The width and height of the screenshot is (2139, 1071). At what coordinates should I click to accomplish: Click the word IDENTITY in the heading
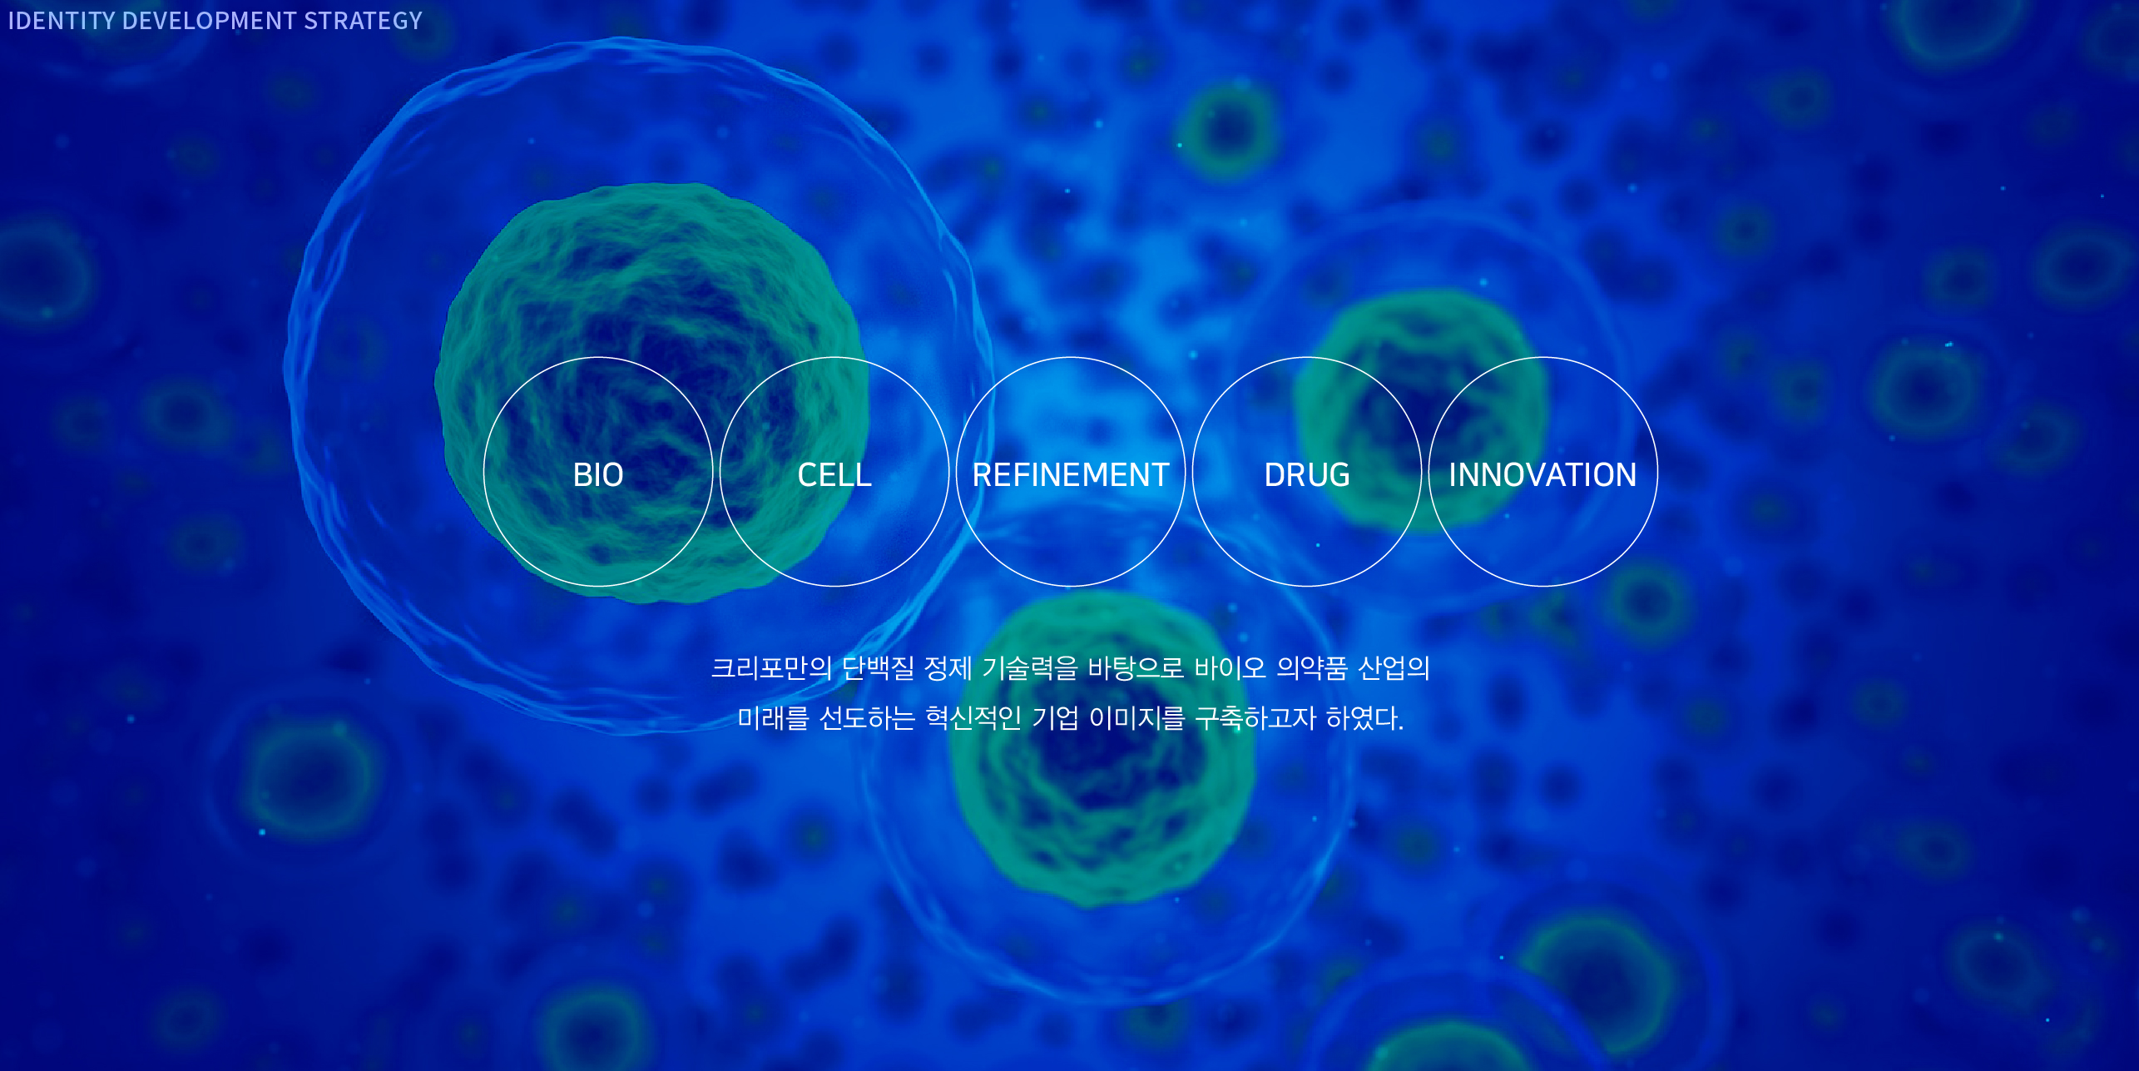click(62, 21)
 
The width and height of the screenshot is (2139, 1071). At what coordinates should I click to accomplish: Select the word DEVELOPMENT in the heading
click(209, 21)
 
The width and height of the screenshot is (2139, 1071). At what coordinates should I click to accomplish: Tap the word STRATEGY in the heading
click(363, 21)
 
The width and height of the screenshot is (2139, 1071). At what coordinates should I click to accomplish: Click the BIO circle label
click(598, 475)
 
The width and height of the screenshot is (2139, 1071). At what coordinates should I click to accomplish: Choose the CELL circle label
click(834, 475)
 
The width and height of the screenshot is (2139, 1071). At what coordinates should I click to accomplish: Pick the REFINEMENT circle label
click(1071, 475)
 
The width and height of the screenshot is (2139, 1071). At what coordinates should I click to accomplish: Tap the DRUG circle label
click(1307, 475)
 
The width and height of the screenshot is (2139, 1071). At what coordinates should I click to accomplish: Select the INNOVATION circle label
click(1542, 475)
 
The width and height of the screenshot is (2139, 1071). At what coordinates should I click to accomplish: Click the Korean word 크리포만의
click(771, 668)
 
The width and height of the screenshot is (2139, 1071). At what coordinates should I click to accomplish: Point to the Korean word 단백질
click(878, 668)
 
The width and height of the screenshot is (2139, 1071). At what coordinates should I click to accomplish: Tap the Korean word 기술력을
click(1030, 668)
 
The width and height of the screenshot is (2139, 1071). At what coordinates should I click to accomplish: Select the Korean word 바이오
click(1230, 668)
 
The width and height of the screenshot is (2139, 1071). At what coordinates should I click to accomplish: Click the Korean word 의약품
click(1312, 668)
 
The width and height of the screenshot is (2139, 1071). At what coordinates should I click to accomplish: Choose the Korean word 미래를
click(774, 717)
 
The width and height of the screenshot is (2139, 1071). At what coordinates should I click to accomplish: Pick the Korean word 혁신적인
click(973, 717)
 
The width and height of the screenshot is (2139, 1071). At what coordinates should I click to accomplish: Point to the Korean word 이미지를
click(1136, 717)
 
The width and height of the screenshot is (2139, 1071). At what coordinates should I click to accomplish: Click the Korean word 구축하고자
click(1255, 717)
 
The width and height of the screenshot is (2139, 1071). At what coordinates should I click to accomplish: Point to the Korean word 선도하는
click(867, 717)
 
